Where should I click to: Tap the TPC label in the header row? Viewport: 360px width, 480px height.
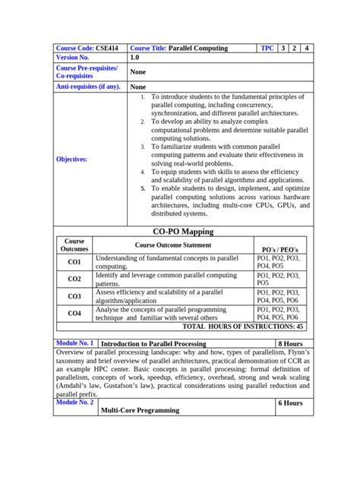267,48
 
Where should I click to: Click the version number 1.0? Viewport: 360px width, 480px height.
134,58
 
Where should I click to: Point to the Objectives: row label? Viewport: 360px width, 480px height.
71,159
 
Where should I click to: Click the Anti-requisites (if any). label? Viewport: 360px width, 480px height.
88,87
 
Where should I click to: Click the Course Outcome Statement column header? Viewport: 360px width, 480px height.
173,245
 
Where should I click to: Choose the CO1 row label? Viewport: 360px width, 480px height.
74,262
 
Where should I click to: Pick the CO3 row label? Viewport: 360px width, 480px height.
74,296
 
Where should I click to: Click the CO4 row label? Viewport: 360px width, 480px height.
74,313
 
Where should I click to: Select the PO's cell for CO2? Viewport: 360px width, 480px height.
279,279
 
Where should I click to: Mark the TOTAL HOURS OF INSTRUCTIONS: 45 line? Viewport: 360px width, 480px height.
244,326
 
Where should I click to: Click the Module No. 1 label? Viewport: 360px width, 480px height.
75,343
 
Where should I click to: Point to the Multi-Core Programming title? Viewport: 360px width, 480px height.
140,410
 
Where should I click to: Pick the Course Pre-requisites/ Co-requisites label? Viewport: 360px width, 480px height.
87,72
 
